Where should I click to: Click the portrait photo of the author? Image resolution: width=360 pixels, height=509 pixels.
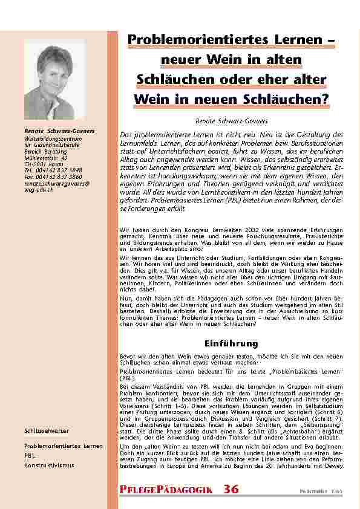(54, 79)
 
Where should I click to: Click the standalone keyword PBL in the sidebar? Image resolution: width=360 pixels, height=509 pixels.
(30, 456)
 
